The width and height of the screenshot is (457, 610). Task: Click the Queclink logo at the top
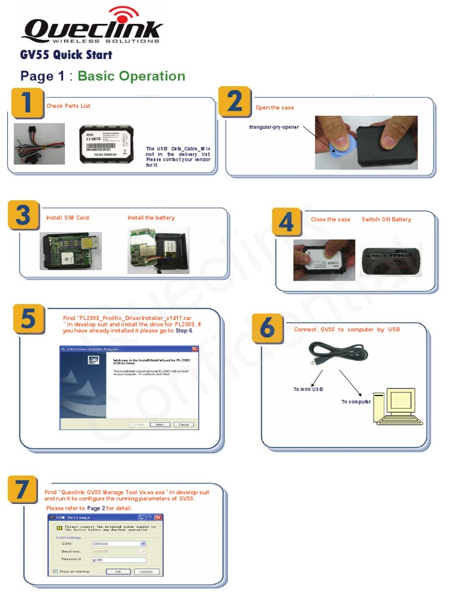point(92,27)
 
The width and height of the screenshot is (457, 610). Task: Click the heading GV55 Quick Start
point(66,55)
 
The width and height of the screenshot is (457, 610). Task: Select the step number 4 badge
point(287,223)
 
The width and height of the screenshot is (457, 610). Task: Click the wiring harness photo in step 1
point(39,144)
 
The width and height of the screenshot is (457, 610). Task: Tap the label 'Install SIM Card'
point(67,218)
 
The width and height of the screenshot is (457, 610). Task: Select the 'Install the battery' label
point(151,218)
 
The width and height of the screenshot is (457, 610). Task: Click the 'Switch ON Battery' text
point(386,220)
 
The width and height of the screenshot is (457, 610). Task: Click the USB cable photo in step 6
point(336,356)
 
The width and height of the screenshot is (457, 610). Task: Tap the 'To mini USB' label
point(308,390)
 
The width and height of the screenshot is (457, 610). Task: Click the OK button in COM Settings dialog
point(118,571)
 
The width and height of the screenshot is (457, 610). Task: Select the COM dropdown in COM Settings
point(119,544)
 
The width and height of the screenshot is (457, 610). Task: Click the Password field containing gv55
point(119,560)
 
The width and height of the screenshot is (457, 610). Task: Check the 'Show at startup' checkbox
point(55,571)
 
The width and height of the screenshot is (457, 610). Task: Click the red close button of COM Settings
point(158,518)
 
